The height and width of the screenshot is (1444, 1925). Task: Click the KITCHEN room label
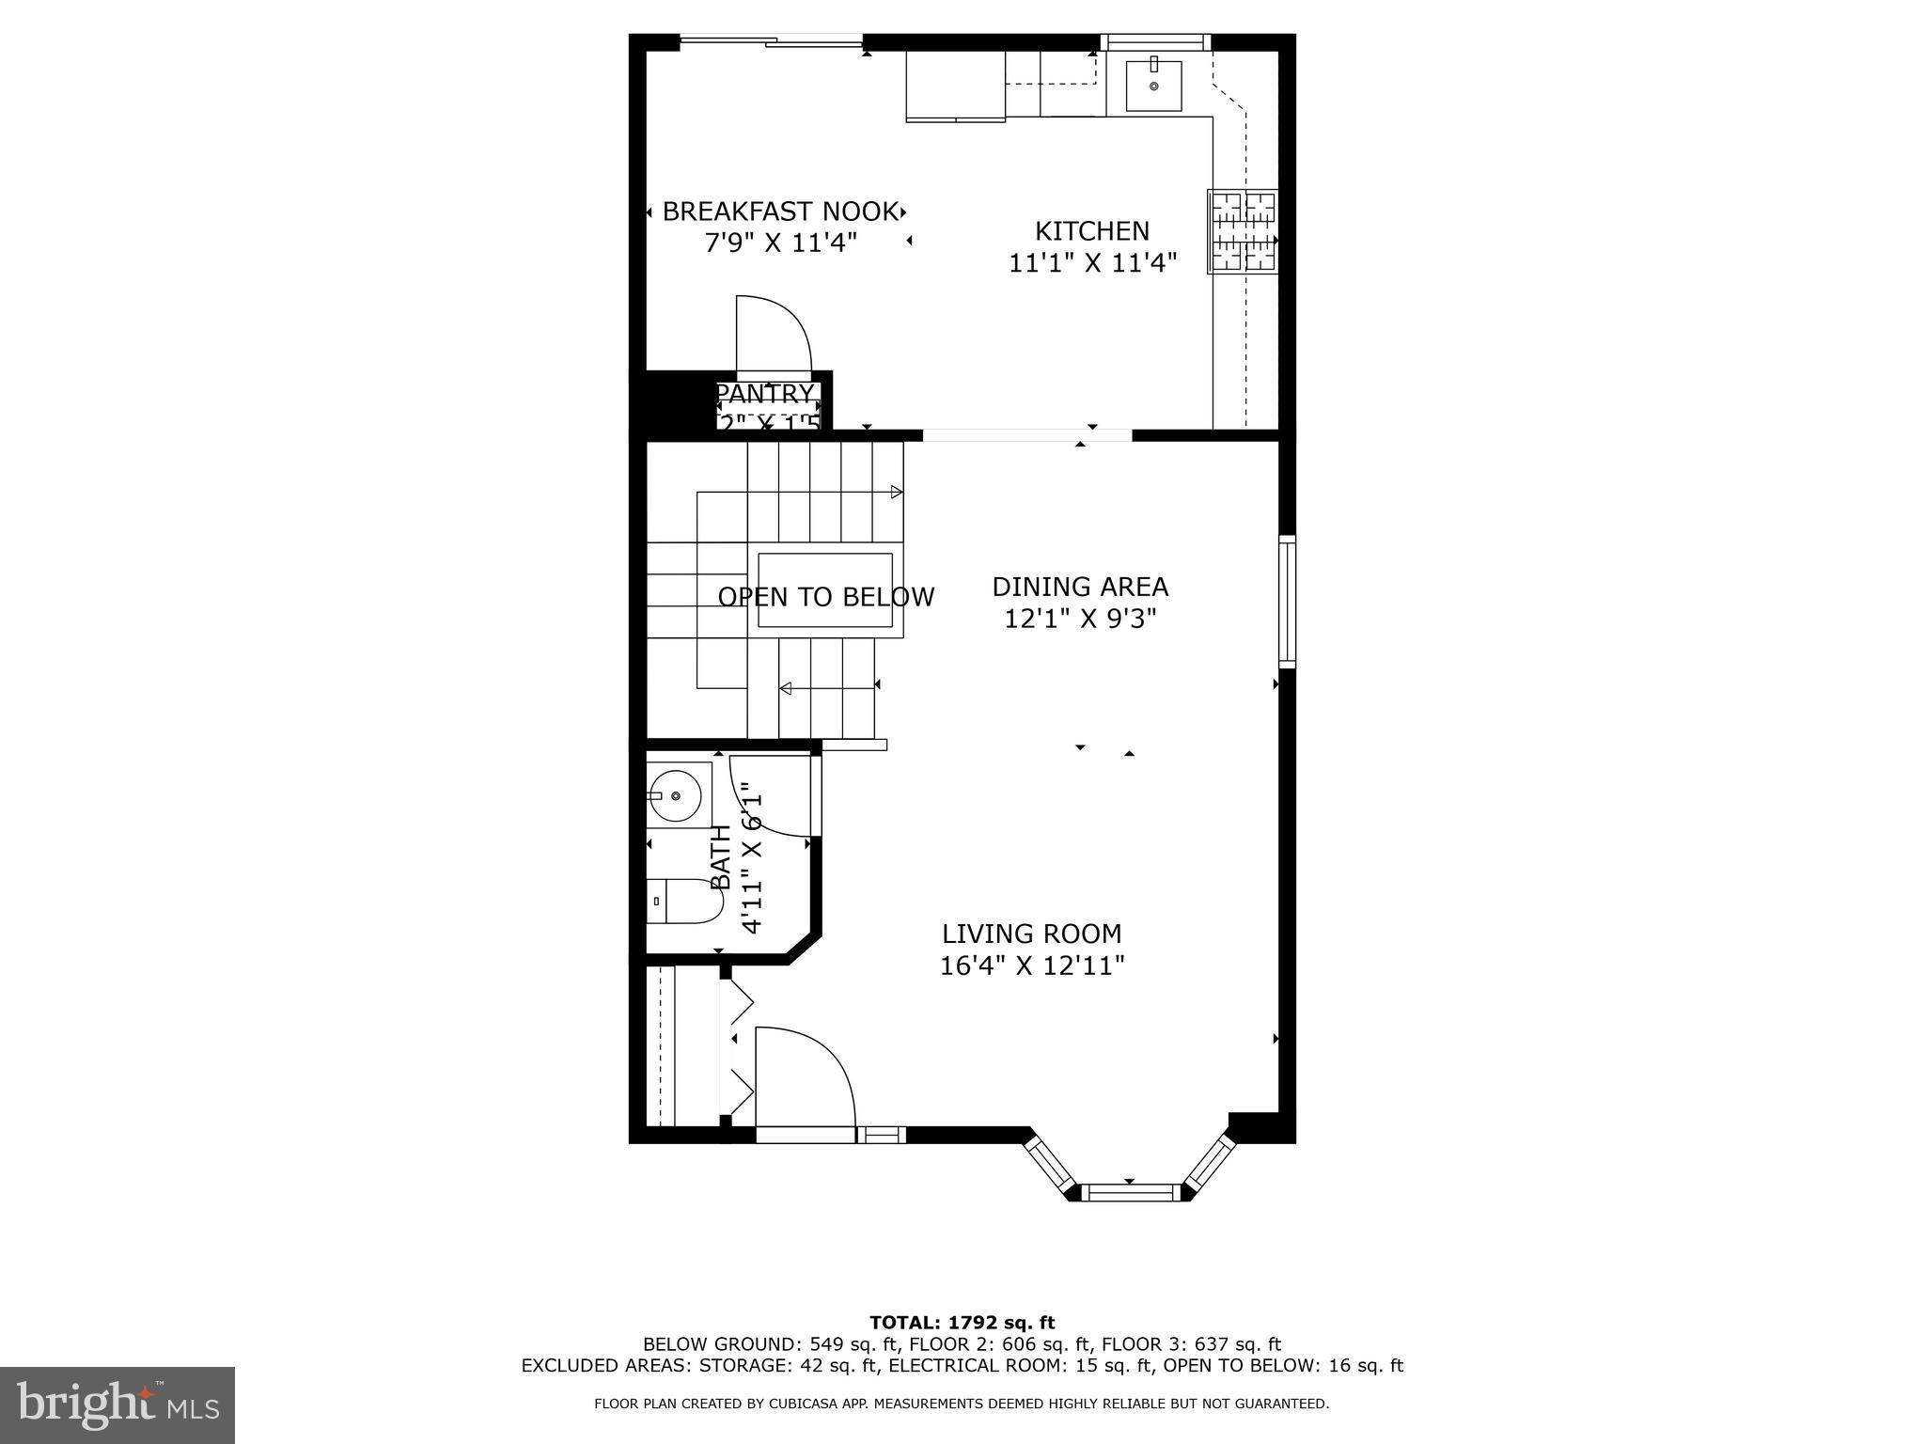(1091, 230)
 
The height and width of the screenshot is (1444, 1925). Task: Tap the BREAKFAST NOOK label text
(779, 212)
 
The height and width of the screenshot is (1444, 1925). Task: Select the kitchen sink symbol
(1153, 86)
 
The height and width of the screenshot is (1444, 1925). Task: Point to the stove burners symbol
(1243, 231)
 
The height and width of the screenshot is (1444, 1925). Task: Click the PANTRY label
(766, 393)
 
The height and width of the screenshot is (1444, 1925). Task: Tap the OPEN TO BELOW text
(825, 597)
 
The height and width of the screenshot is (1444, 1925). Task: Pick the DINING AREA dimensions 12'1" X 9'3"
(1080, 620)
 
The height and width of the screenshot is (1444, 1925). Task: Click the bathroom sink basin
(675, 795)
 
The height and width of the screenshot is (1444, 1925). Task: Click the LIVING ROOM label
(1031, 934)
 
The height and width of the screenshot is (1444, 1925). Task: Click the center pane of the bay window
(1131, 1193)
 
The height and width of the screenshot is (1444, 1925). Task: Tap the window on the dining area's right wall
(1286, 602)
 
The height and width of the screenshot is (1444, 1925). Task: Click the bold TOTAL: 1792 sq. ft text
(962, 1323)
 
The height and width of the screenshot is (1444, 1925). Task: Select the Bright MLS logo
(117, 1405)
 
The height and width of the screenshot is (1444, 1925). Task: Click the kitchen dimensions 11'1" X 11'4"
(1092, 263)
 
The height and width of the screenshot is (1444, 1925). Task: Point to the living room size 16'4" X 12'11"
(1032, 965)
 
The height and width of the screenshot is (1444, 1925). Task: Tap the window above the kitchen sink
(1155, 41)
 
